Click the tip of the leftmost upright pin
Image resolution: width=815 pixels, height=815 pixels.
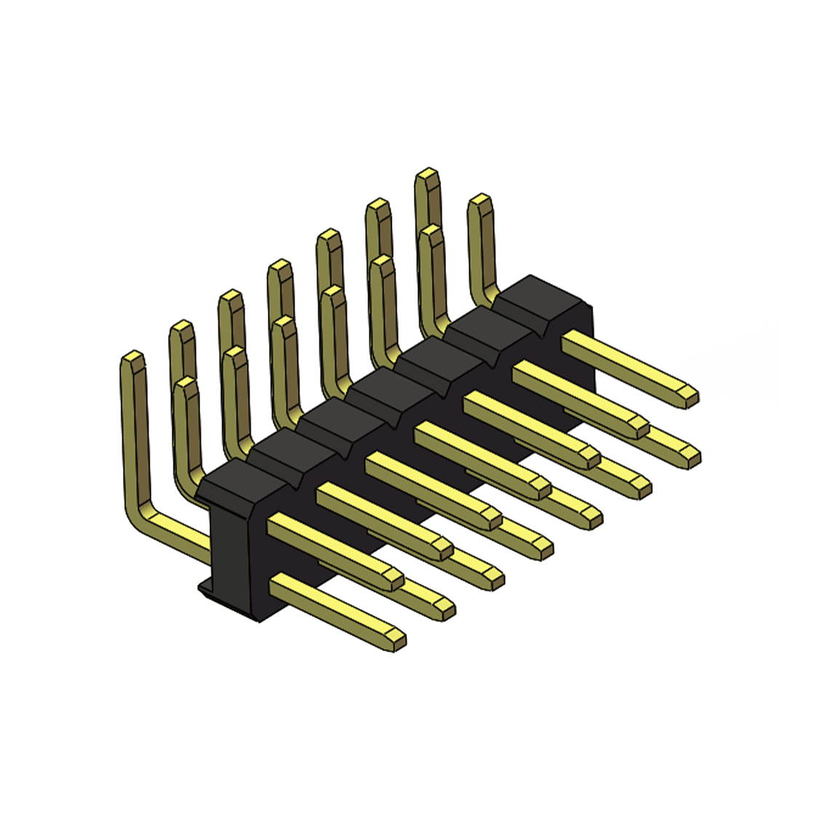tap(133, 358)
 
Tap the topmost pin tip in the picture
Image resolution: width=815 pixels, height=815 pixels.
tap(427, 175)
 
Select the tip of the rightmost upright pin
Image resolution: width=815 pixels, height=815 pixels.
tap(477, 201)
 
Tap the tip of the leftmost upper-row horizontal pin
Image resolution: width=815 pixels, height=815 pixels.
tap(393, 579)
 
